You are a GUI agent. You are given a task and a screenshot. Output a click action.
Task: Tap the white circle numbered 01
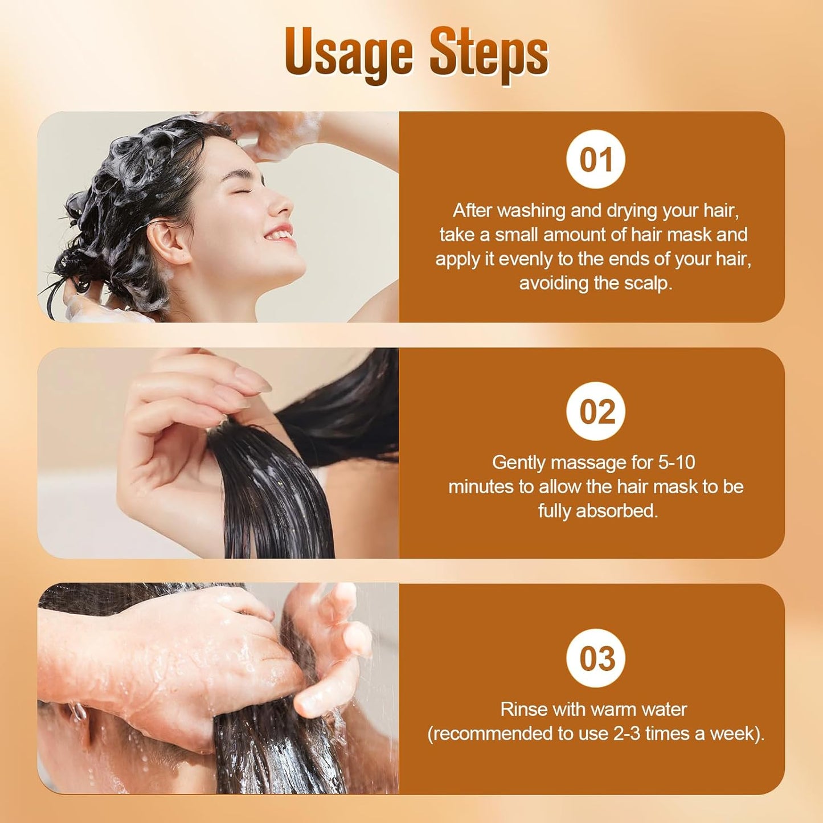point(596,159)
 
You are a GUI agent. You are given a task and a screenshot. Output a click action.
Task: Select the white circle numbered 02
point(596,411)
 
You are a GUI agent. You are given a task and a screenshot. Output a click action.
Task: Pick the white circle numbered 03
point(596,658)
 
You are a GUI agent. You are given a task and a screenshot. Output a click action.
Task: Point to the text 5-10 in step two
point(677,462)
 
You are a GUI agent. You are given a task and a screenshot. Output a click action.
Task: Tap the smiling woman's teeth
point(279,234)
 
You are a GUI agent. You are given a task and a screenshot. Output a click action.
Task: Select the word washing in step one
point(532,211)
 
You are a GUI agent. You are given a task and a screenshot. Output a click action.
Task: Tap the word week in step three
point(740,734)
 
